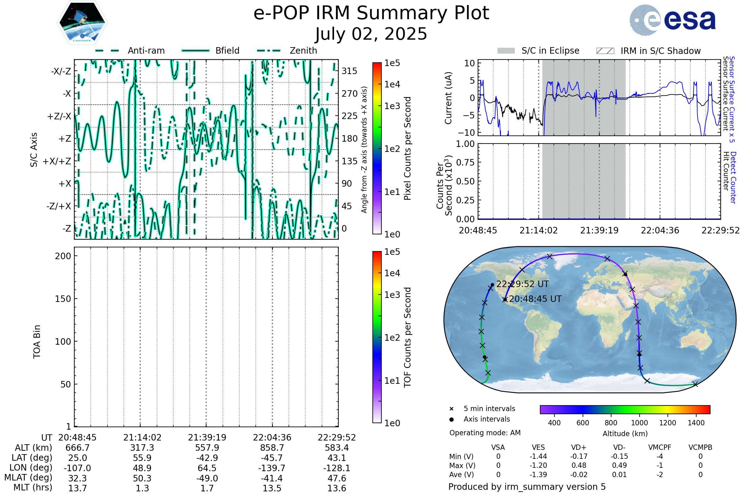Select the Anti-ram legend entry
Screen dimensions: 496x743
point(130,51)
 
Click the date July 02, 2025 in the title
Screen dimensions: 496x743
point(371,34)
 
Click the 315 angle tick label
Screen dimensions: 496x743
point(350,71)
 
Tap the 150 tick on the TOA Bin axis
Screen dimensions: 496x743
point(63,299)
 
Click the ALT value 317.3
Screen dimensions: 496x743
point(142,448)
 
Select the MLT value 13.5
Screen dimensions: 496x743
point(272,488)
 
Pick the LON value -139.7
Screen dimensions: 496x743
point(272,468)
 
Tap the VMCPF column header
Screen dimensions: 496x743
point(660,447)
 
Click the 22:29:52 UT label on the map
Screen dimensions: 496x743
point(523,284)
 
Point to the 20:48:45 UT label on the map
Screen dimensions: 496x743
point(535,299)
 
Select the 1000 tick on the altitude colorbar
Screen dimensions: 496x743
point(639,423)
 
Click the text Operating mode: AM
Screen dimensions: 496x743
point(485,433)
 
